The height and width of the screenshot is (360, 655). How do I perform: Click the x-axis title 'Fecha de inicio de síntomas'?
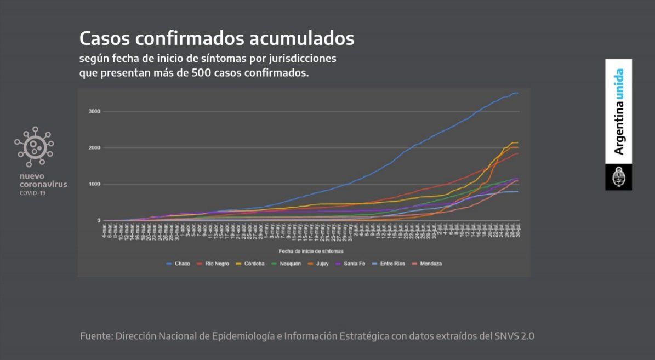(311, 250)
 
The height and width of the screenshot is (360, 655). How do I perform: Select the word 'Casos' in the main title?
(104, 39)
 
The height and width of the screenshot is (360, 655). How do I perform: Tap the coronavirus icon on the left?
(34, 146)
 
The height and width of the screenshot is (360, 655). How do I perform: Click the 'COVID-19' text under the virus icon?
(33, 193)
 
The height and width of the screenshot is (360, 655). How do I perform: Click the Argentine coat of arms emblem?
(618, 178)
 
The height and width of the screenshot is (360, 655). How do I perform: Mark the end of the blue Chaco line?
(517, 94)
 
